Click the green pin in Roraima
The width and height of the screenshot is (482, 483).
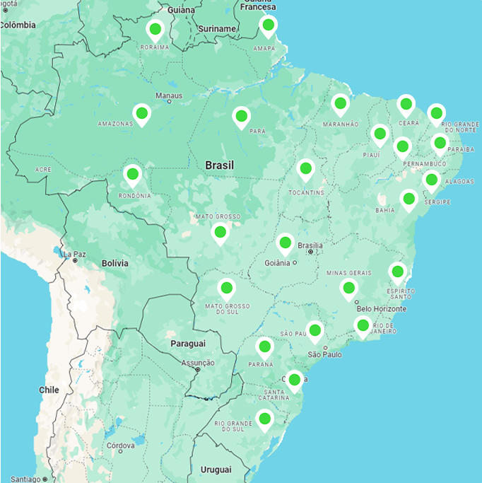(x=155, y=30)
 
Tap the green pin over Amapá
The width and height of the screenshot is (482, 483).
(x=268, y=27)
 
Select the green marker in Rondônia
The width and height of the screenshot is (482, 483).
(x=132, y=174)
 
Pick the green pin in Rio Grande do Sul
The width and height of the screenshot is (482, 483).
(x=265, y=419)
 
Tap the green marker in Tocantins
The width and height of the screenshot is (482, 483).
(x=305, y=169)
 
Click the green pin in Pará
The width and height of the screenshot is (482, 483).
(x=241, y=116)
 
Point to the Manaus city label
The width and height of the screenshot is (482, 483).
(x=169, y=95)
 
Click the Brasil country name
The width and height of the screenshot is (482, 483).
(x=219, y=165)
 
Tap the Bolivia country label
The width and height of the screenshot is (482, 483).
(x=115, y=263)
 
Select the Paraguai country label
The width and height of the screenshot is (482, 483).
(x=187, y=344)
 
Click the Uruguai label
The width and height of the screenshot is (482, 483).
(x=216, y=470)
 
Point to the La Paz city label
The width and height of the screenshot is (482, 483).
(x=74, y=254)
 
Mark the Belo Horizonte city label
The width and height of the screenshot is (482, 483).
(x=382, y=308)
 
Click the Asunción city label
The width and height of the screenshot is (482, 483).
(x=198, y=363)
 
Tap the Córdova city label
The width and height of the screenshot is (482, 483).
(x=120, y=446)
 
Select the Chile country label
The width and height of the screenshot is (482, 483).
(x=49, y=390)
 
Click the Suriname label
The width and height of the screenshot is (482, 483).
(x=217, y=29)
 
